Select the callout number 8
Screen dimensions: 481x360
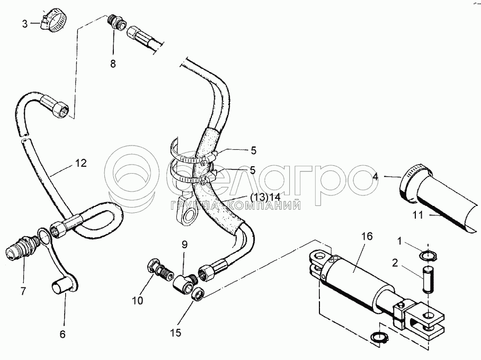112,64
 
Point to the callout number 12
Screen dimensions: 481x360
80,164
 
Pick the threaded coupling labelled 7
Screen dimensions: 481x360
22,247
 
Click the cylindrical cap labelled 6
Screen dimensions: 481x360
61,287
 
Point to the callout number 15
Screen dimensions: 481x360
176,333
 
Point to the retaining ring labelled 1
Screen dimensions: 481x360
429,257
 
